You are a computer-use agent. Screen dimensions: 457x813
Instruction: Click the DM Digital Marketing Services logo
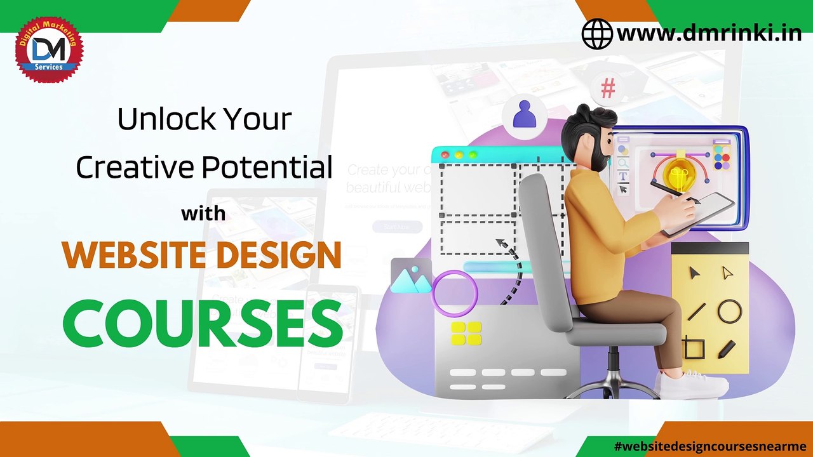point(49,50)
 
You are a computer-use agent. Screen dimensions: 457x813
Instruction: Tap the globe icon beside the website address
point(597,34)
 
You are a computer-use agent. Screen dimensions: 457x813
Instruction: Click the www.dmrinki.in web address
point(709,33)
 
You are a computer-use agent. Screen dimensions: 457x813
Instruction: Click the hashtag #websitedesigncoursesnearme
point(710,446)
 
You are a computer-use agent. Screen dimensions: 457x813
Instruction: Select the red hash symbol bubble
point(608,89)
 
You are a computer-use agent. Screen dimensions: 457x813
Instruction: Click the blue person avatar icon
point(524,114)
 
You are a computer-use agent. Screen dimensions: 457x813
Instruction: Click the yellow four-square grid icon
point(466,333)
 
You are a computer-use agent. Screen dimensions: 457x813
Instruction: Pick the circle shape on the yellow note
point(729,312)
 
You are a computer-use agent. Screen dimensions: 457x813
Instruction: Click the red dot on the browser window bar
point(445,156)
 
